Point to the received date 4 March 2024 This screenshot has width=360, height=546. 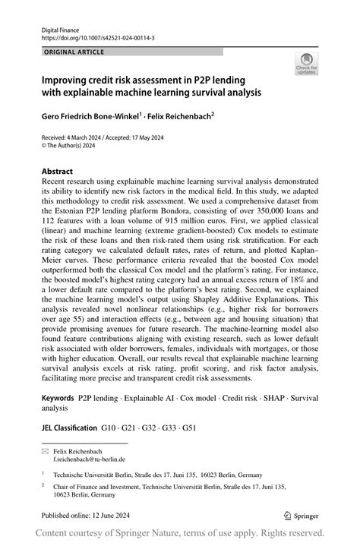coord(82,137)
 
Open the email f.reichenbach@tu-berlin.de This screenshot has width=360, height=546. coord(89,459)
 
